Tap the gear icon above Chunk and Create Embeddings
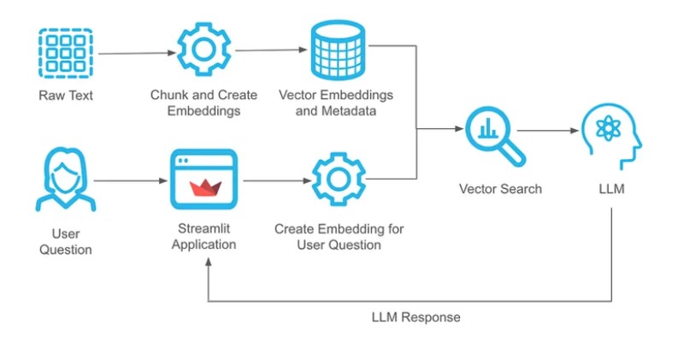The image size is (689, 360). click(203, 50)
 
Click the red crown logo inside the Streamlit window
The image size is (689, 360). click(203, 186)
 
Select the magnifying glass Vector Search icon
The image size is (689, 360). click(495, 135)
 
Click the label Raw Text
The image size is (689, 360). click(65, 95)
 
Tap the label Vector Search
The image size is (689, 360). click(500, 188)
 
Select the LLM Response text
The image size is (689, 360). click(415, 317)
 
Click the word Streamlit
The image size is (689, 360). click(203, 229)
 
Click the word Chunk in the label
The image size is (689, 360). click(168, 95)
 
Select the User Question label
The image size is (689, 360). click(65, 241)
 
